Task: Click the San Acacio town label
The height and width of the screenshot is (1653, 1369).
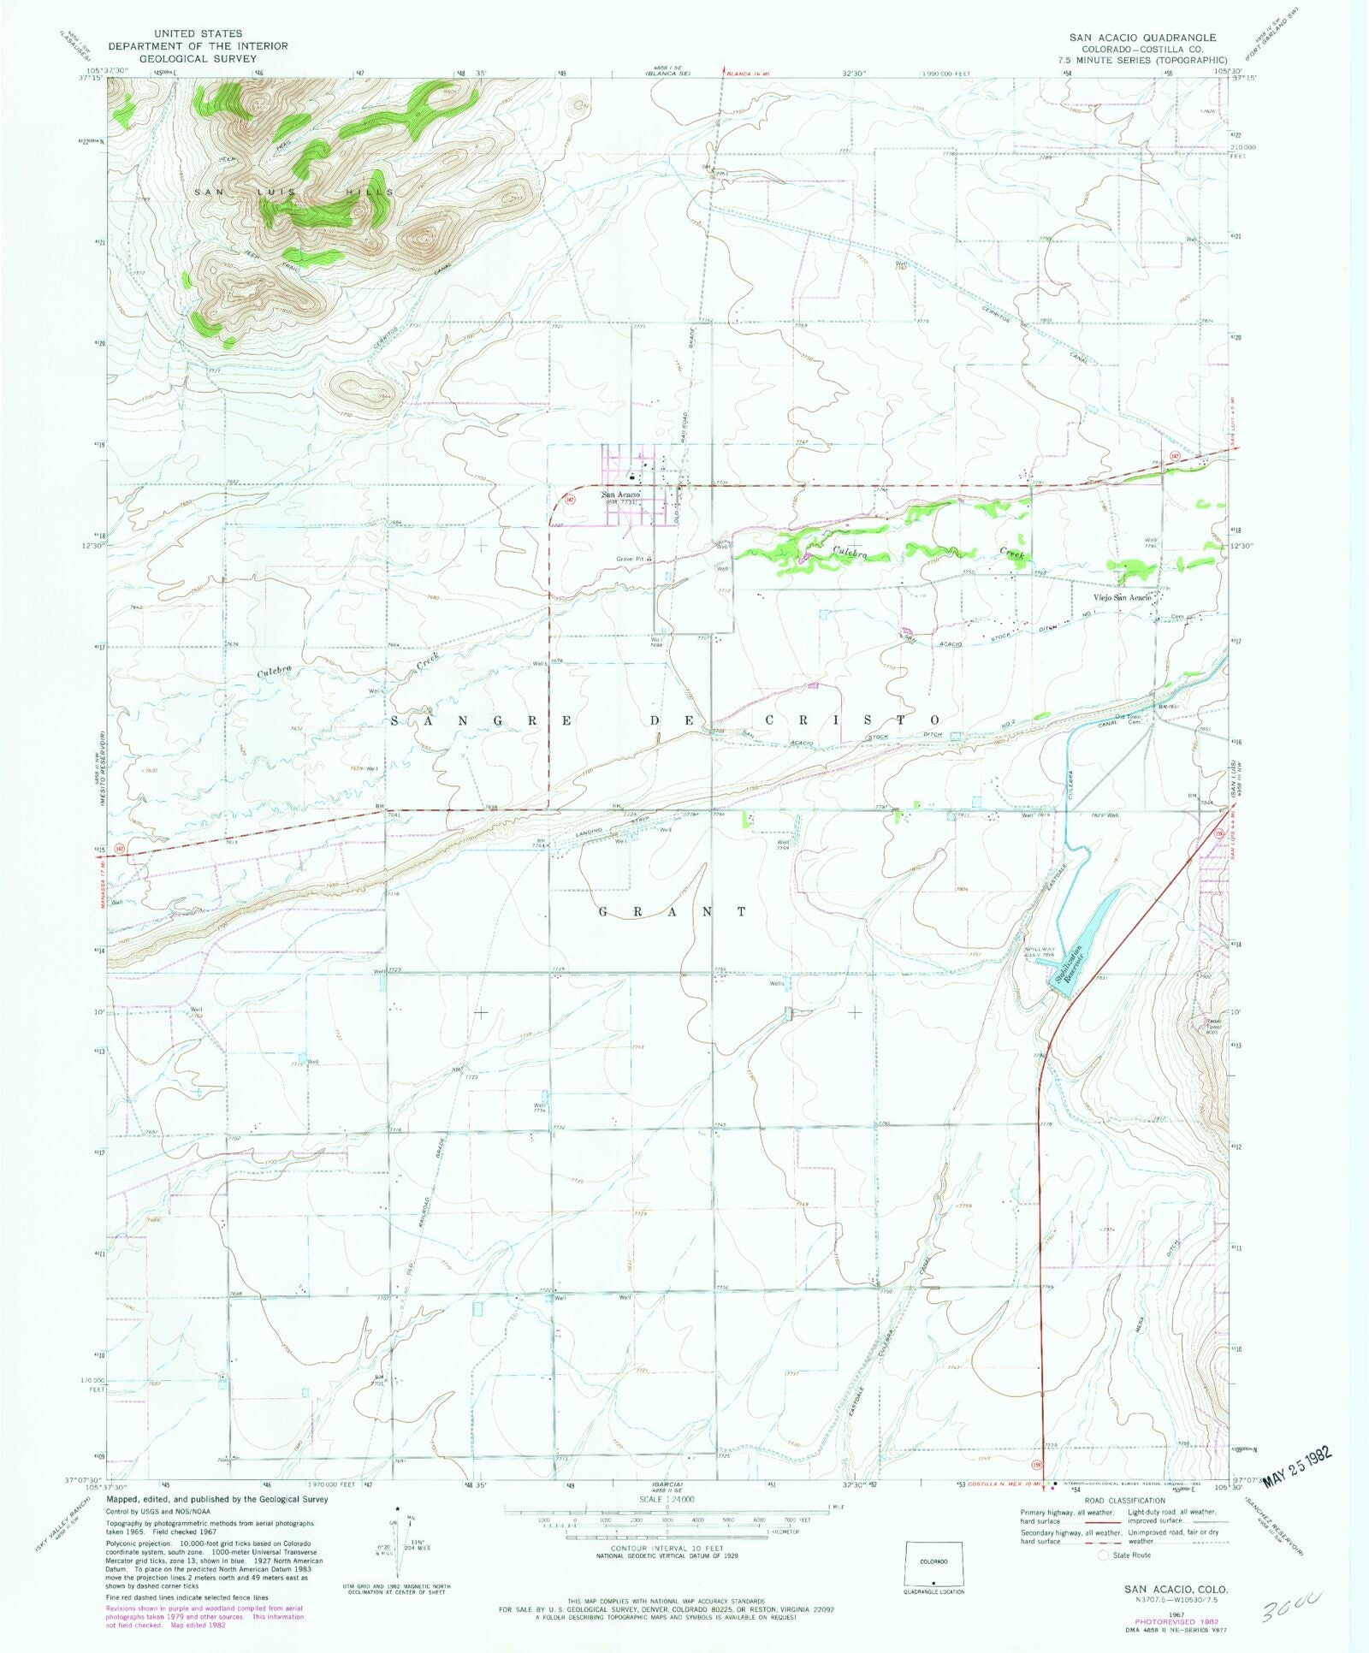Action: point(620,495)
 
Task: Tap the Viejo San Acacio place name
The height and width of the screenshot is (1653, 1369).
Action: point(1122,597)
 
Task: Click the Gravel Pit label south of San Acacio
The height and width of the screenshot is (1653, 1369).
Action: point(629,560)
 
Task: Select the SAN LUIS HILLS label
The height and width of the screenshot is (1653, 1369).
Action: point(293,192)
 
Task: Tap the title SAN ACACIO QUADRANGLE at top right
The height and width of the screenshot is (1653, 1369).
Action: point(1142,38)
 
